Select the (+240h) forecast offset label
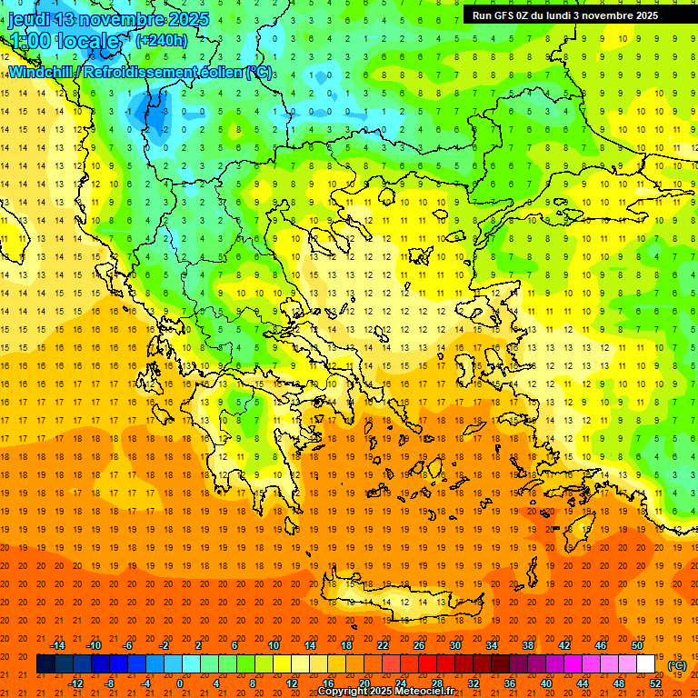pyautogui.click(x=162, y=40)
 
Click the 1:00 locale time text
pyautogui.click(x=64, y=41)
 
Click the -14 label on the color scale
pyautogui.click(x=57, y=645)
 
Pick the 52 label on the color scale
pyautogui.click(x=655, y=683)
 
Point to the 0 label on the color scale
pyautogui.click(x=180, y=683)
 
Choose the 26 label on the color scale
pyautogui.click(x=419, y=645)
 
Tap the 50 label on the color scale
pyautogui.click(x=637, y=645)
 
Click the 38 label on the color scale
pyautogui.click(x=528, y=645)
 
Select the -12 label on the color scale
pyautogui.click(x=75, y=683)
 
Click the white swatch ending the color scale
pyautogui.click(x=645, y=663)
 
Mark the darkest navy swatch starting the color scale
pyautogui.click(x=45, y=663)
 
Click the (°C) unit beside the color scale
pyautogui.click(x=677, y=665)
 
